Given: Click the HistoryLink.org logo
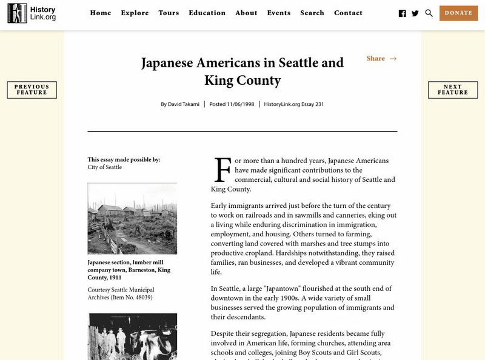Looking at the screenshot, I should pos(32,13).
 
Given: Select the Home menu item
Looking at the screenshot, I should pos(100,13).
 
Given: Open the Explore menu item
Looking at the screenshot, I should pos(135,13).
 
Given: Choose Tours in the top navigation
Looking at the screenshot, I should pos(169,13).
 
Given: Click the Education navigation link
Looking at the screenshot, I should pos(207,13).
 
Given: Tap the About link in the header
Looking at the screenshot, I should pos(246,13).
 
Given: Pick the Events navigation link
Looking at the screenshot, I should pos(278,13).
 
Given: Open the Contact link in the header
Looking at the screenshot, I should pos(348,13).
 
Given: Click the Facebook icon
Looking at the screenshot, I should pos(403,13).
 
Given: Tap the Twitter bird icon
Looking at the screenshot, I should pos(415,13).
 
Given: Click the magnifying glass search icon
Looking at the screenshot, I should pos(429,13).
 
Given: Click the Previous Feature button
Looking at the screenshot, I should pos(32,90).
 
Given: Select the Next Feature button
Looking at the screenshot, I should pos(452,90).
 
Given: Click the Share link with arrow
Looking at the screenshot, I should pos(381,59).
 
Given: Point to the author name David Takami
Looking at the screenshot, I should pos(184,104).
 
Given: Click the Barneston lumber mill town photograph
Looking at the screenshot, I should pos(132,218).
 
